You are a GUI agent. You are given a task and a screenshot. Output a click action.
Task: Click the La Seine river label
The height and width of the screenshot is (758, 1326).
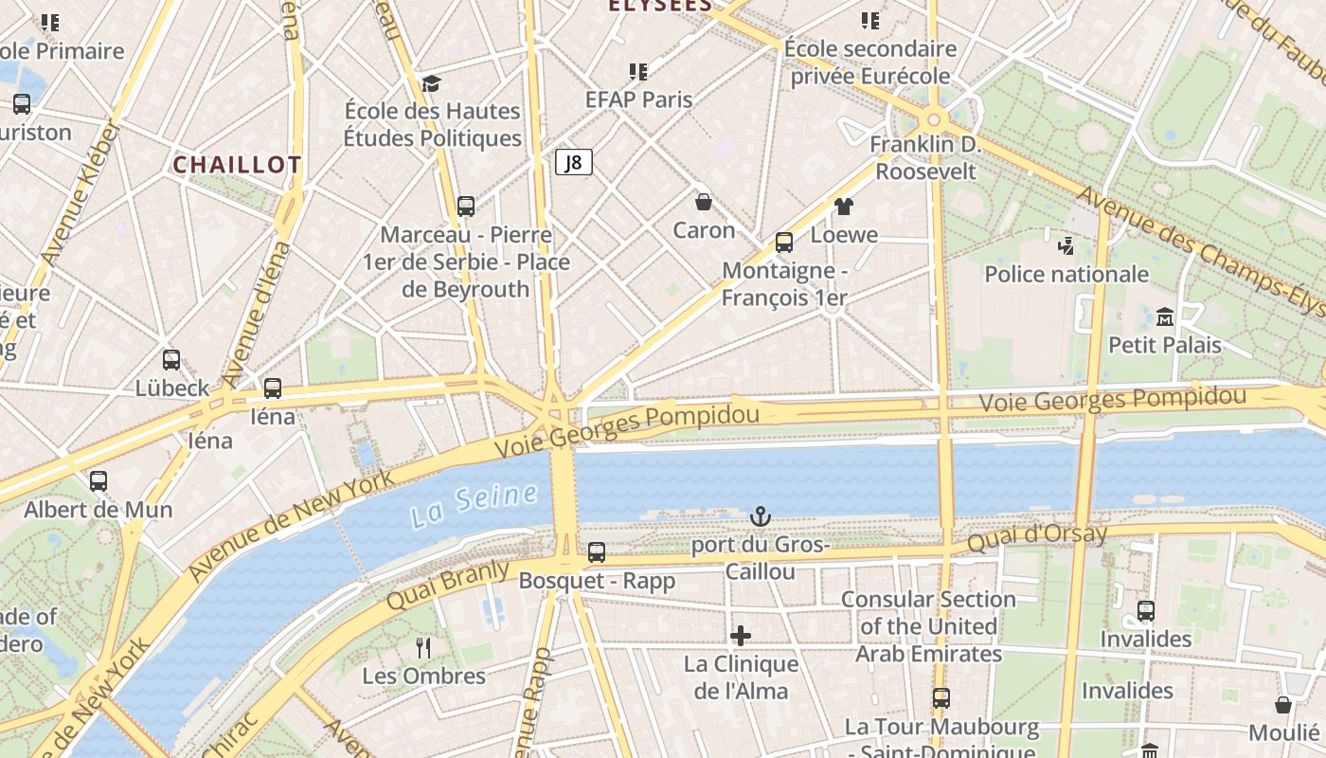click(475, 505)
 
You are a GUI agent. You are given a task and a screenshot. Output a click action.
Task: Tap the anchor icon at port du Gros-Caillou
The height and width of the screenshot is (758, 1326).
click(760, 516)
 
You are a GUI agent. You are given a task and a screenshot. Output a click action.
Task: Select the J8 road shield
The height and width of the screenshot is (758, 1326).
click(573, 162)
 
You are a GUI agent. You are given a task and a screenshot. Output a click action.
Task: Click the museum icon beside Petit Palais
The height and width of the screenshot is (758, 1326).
click(1165, 316)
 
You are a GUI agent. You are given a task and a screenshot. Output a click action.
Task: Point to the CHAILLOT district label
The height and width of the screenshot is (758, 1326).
click(237, 165)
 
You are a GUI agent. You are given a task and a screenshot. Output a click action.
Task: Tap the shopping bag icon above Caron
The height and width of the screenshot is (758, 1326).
click(704, 202)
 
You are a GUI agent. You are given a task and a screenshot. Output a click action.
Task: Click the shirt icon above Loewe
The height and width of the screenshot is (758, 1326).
click(844, 207)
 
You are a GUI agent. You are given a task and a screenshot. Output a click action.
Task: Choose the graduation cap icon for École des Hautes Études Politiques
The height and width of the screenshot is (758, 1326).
click(432, 83)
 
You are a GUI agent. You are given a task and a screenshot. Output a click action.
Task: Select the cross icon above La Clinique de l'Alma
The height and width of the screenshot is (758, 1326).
click(741, 636)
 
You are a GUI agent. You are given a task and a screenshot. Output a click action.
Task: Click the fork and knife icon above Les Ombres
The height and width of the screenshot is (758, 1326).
click(423, 648)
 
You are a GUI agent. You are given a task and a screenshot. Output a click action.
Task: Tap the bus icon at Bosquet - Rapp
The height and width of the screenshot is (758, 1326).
click(597, 551)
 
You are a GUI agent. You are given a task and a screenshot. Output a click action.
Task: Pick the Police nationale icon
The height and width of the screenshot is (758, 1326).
click(1066, 246)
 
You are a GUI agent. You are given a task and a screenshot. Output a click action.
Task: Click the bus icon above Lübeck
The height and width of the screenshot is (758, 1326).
click(171, 360)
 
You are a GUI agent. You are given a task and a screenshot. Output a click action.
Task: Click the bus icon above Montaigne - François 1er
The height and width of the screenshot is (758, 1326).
click(784, 243)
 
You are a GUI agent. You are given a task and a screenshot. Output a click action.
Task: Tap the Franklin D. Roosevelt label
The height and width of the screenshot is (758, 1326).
click(924, 158)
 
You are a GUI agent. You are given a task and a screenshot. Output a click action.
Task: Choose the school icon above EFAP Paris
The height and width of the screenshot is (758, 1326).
click(638, 71)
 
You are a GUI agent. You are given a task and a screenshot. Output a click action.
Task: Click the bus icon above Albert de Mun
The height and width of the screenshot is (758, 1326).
click(99, 481)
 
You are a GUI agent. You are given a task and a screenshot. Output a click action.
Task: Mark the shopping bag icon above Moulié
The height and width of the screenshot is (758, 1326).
click(1283, 705)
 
